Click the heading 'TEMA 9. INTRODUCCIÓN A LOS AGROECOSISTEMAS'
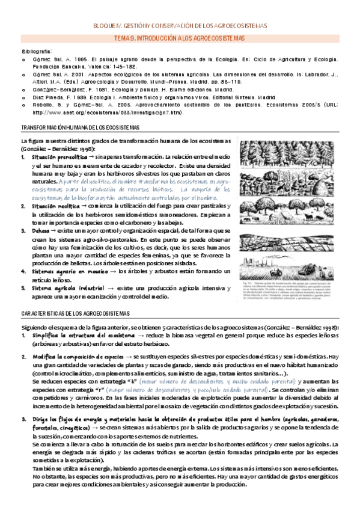tap(179, 38)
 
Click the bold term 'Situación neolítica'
tap(52, 205)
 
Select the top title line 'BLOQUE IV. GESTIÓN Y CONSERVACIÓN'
tap(179, 26)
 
